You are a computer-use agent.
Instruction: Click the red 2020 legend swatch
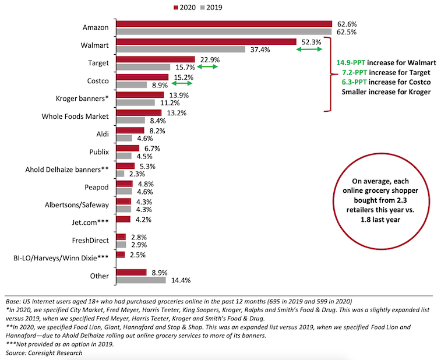tap(176, 8)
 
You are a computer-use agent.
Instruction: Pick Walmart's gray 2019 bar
tap(181, 50)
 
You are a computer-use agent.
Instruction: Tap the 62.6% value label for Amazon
tap(345, 24)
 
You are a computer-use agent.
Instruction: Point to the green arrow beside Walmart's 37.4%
tap(309, 50)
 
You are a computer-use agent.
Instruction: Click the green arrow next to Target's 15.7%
tap(207, 68)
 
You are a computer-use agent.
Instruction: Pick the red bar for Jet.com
tap(124, 219)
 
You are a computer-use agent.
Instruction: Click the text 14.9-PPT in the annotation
tap(353, 63)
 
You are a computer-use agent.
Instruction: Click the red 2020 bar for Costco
tap(142, 77)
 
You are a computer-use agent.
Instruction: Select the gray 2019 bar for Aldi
tap(124, 139)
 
